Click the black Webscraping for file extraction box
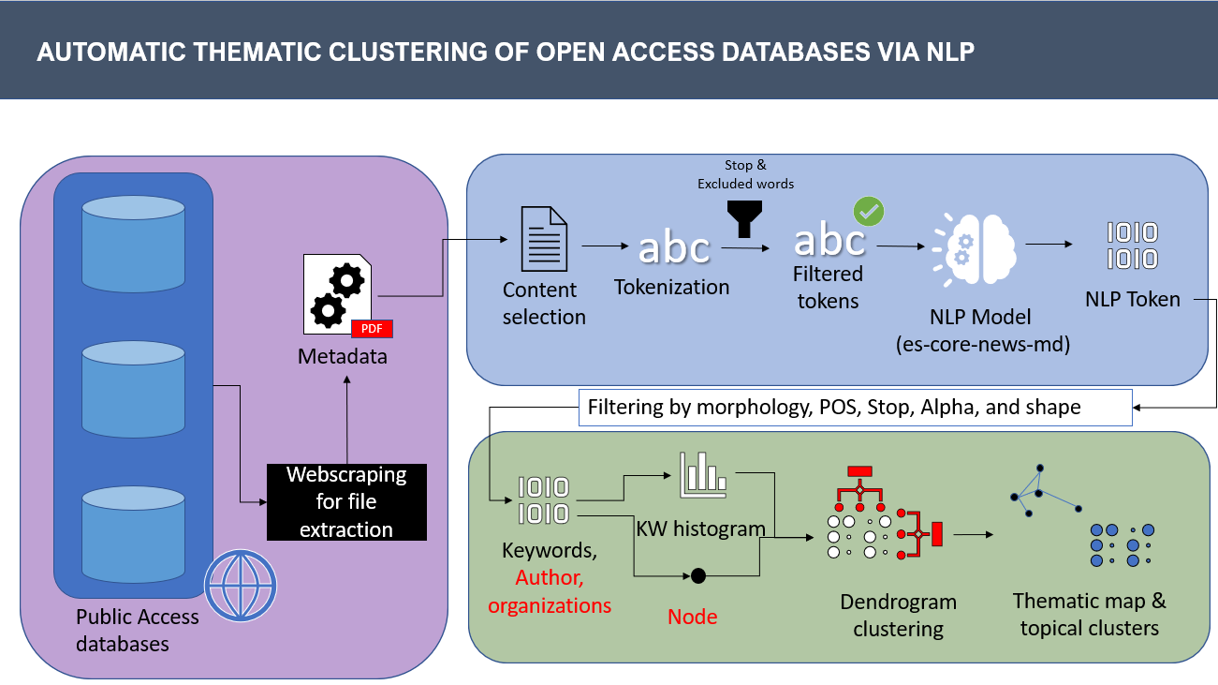(346, 502)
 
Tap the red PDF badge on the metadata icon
(372, 328)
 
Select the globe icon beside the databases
(241, 585)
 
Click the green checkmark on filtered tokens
(868, 212)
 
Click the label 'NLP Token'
(1133, 300)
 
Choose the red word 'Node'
(692, 617)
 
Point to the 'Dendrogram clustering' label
(898, 615)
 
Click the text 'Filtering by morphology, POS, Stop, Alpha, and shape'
(833, 408)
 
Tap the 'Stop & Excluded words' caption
(745, 174)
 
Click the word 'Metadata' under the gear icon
(342, 357)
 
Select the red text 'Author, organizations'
(550, 592)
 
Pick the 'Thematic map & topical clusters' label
(1090, 614)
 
